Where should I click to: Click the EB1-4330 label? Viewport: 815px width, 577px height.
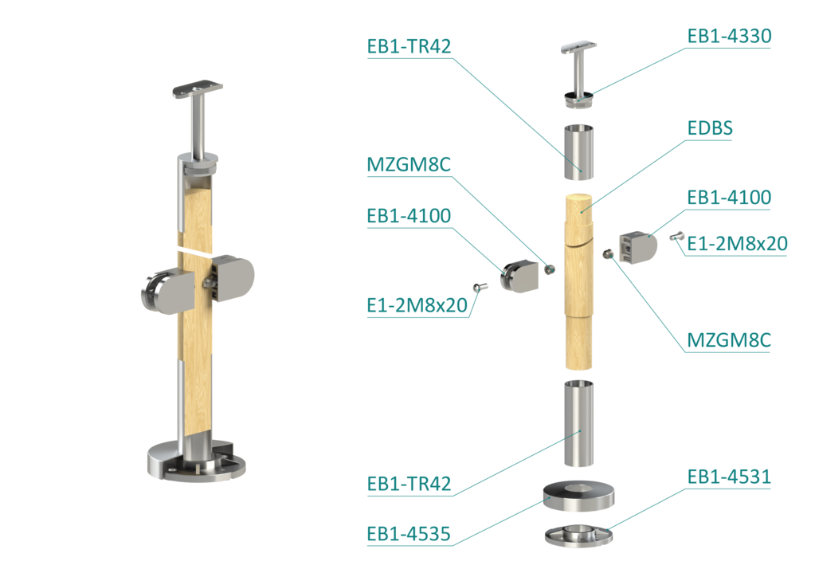tap(729, 36)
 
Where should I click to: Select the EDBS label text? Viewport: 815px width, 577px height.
tap(710, 128)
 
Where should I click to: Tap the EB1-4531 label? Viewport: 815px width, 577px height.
tap(729, 477)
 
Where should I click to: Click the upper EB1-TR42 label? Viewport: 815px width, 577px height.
tap(409, 46)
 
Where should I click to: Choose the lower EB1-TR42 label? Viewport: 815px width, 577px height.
tap(409, 484)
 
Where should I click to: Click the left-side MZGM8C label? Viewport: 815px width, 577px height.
tap(409, 165)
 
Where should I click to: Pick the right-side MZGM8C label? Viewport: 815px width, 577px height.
tap(729, 340)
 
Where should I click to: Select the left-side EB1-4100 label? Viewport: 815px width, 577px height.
tap(409, 216)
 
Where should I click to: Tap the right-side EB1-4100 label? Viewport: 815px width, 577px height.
tap(729, 198)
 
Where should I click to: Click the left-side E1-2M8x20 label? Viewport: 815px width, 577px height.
tap(417, 305)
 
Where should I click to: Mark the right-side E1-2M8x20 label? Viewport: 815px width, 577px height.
tap(737, 243)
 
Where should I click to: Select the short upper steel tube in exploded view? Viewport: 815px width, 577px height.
tap(578, 152)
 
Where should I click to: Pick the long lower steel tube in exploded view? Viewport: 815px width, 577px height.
tap(578, 423)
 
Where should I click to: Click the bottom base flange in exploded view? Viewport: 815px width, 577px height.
tap(578, 536)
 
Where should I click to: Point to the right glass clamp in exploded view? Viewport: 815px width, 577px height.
tap(638, 248)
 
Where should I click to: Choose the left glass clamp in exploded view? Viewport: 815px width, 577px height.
tap(519, 277)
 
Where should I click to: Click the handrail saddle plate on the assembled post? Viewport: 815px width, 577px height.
tap(198, 88)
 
